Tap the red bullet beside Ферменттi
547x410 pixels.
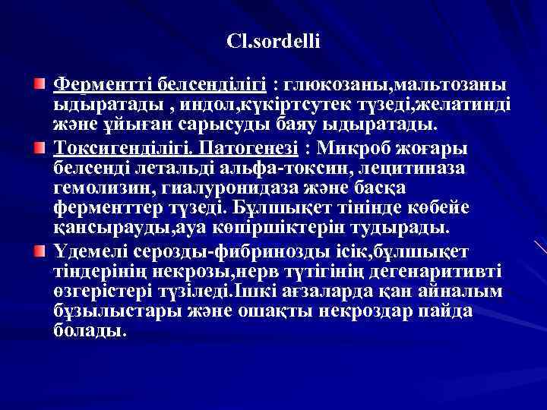48,80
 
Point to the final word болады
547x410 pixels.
90,332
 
